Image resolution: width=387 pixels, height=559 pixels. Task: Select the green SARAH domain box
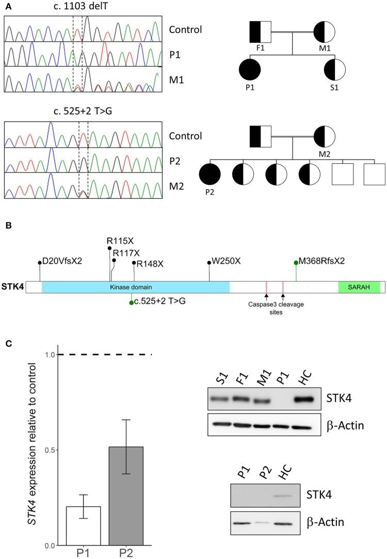point(359,286)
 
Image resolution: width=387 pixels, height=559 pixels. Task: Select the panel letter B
point(7,226)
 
